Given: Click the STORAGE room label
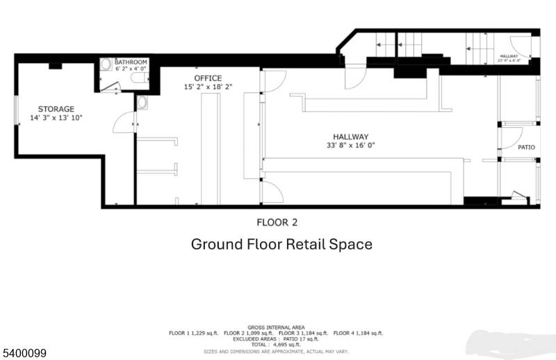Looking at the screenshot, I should pyautogui.click(x=56, y=109).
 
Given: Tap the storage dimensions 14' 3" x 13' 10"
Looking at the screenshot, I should pyautogui.click(x=56, y=118).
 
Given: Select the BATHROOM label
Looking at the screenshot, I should pyautogui.click(x=131, y=62).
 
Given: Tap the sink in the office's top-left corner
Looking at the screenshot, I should pyautogui.click(x=142, y=102).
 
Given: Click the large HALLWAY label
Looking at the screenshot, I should pyautogui.click(x=350, y=137).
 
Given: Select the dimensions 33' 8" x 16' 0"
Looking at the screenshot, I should pyautogui.click(x=350, y=146).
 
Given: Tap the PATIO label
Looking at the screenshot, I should pyautogui.click(x=525, y=147).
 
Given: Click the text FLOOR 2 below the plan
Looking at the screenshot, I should pyautogui.click(x=277, y=222).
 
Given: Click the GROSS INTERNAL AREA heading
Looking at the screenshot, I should pyautogui.click(x=277, y=326).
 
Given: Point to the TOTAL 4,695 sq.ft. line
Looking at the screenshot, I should pyautogui.click(x=277, y=344).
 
